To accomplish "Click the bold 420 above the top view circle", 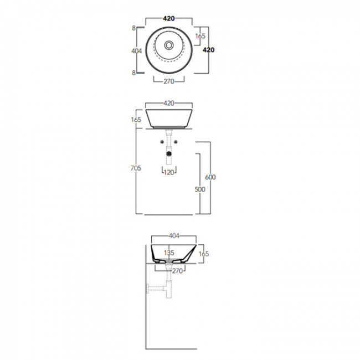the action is click(169, 19).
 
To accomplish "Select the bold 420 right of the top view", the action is click(208, 50).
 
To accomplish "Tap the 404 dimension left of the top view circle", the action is click(137, 51).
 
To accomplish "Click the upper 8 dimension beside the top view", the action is click(134, 28).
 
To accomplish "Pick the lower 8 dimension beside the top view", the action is click(134, 73).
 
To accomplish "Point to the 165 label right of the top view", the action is click(200, 36).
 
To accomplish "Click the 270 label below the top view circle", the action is click(169, 81).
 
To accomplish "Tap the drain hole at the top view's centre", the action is click(169, 45).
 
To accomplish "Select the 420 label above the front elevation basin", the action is click(169, 104).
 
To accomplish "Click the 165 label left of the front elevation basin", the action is click(136, 120).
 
